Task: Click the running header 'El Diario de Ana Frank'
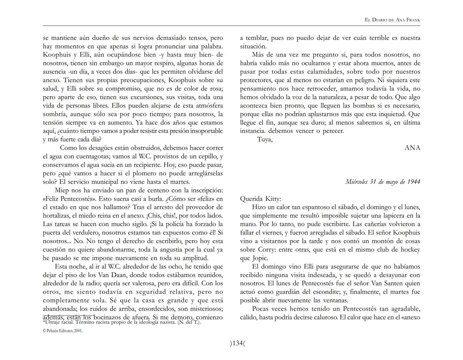tap(392, 20)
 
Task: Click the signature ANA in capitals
tap(412, 148)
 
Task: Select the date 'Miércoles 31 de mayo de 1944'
tap(383, 182)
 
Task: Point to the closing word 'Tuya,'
tap(265, 139)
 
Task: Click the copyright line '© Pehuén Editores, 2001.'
tap(63, 331)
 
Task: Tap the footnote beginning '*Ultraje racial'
tap(122, 322)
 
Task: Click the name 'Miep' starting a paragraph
tap(61, 190)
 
